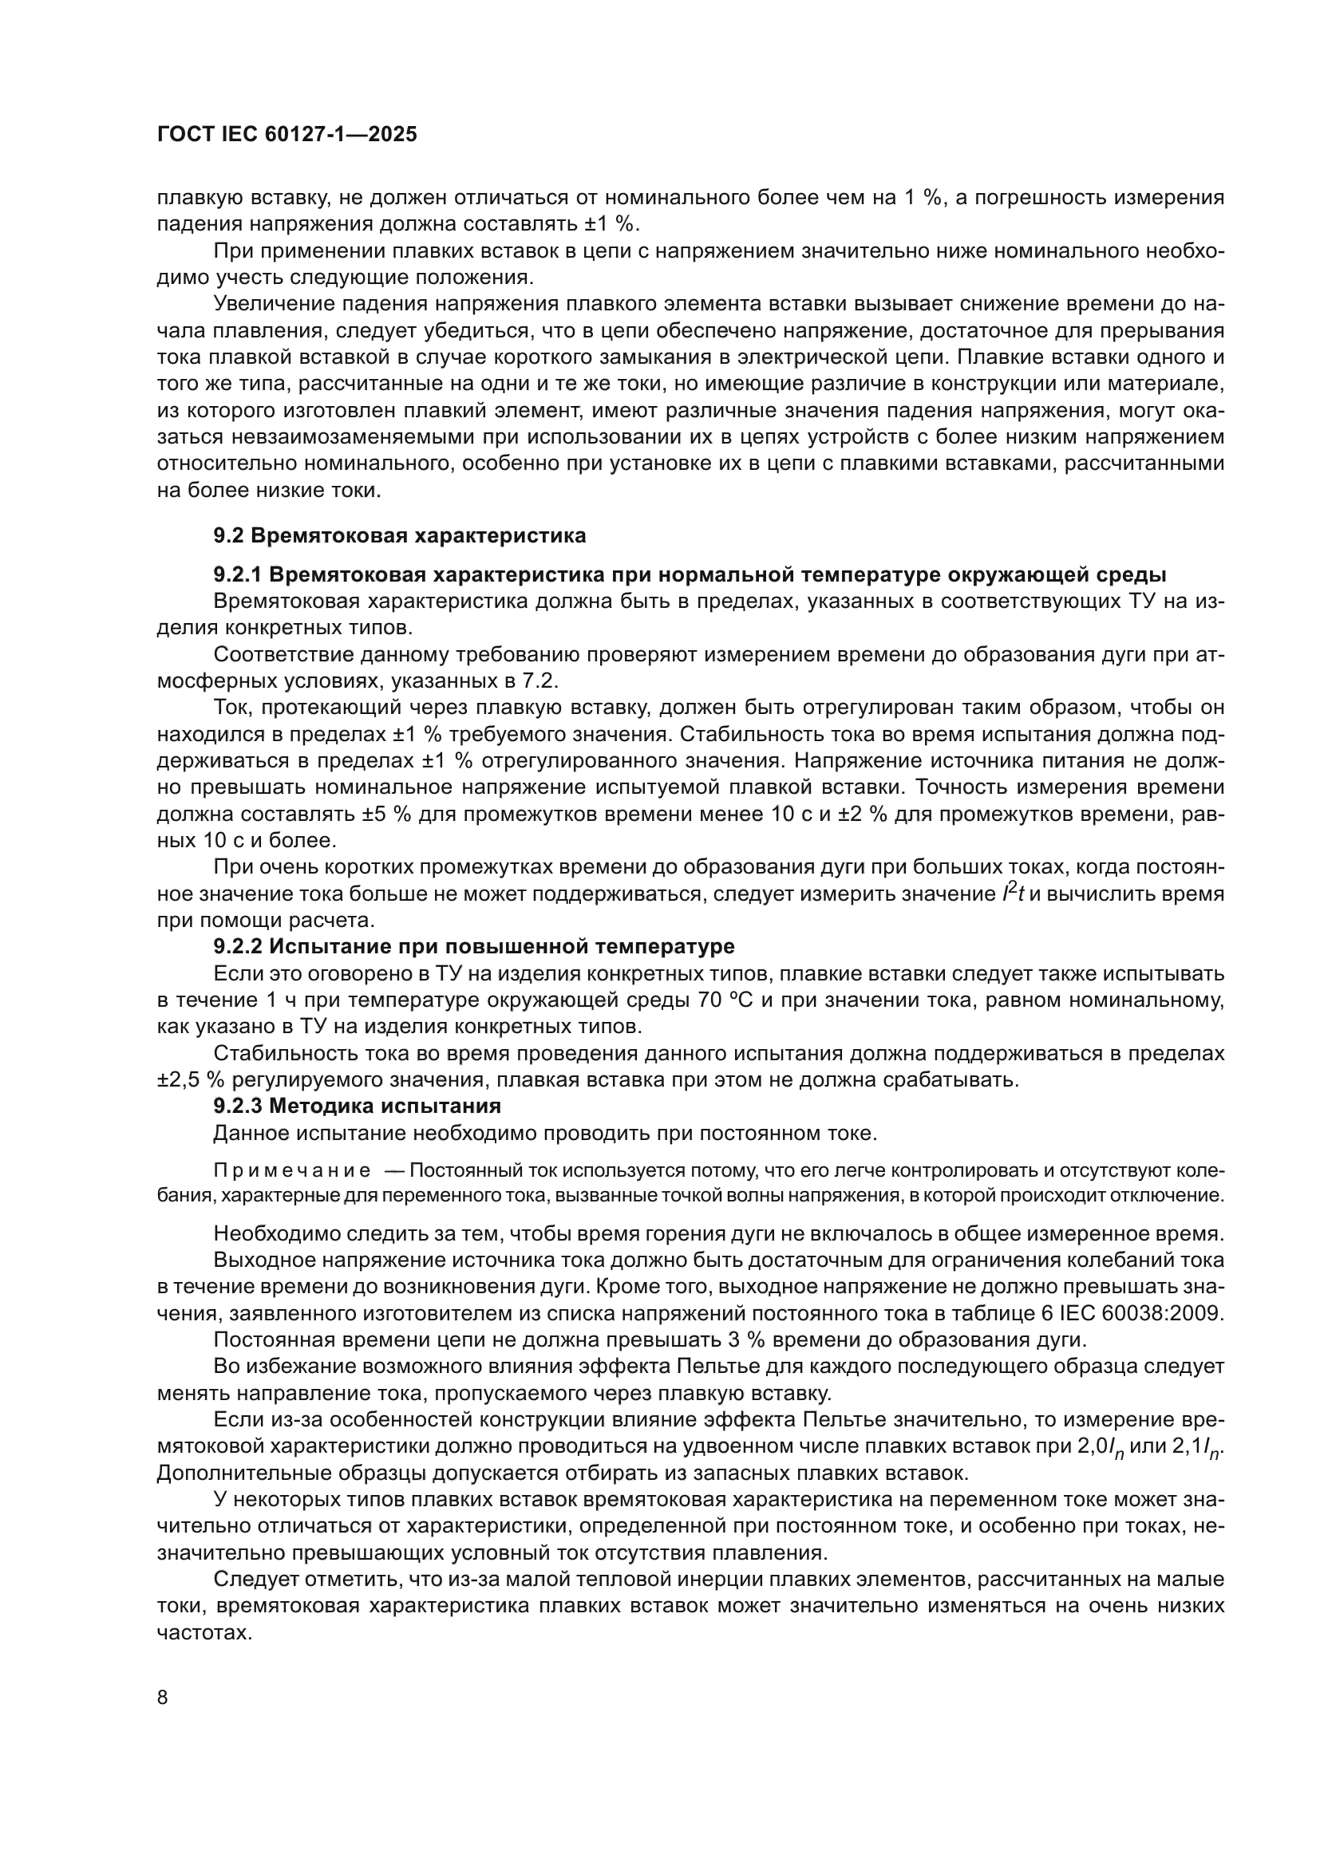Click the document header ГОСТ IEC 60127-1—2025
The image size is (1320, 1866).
pos(287,135)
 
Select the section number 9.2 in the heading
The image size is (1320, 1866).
pos(228,536)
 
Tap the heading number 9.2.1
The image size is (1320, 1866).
pos(236,575)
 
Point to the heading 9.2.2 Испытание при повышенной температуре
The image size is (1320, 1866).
pos(474,947)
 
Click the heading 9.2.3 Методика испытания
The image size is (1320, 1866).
pos(357,1106)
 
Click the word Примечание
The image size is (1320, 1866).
pos(292,1171)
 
